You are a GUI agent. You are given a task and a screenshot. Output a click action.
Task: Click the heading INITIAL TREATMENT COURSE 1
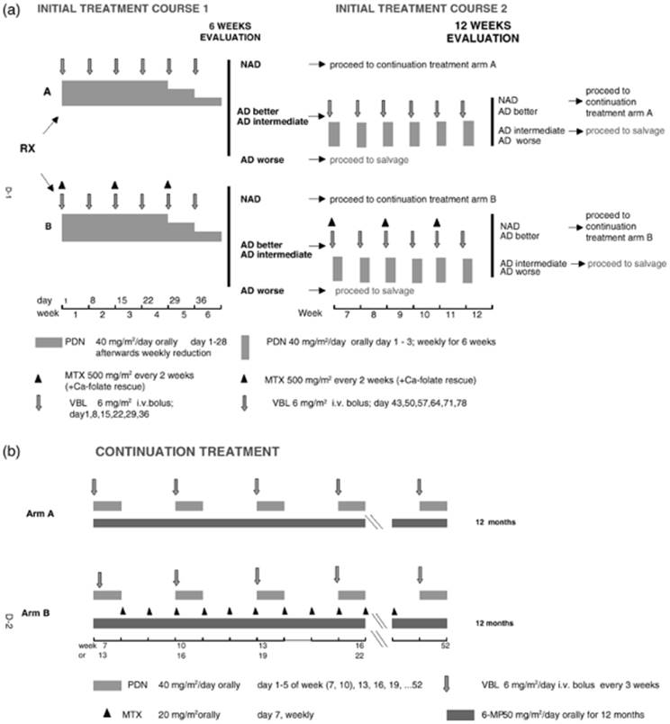122,8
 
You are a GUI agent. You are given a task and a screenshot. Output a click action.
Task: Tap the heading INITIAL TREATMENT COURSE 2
421,8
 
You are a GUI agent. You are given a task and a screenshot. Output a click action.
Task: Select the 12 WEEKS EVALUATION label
483,32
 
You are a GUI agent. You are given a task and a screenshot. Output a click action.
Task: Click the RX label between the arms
27,149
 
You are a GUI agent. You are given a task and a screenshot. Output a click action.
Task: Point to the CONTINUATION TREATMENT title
187,451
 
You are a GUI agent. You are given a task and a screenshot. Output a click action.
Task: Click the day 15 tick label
122,300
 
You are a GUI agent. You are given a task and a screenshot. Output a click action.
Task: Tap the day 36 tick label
201,300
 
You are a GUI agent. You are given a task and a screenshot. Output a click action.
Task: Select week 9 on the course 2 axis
400,314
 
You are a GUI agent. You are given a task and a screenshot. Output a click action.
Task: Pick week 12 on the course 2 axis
476,314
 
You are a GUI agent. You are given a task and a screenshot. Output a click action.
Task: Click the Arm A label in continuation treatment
41,513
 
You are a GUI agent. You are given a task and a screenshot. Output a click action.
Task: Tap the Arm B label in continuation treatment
35,613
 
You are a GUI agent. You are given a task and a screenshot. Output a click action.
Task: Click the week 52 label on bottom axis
445,646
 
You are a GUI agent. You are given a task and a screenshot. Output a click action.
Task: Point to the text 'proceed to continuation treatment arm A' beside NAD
412,65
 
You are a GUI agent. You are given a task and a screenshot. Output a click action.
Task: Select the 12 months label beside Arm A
495,522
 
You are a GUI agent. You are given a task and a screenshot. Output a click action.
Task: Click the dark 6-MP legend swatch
460,715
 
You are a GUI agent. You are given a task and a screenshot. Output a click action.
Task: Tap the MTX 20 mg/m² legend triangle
107,713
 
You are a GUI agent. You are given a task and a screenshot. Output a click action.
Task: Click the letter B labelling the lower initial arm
48,227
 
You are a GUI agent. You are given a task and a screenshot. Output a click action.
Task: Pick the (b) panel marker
12,451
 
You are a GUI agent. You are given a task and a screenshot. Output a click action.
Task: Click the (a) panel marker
12,9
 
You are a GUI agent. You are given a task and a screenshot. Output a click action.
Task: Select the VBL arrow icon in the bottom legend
446,683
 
